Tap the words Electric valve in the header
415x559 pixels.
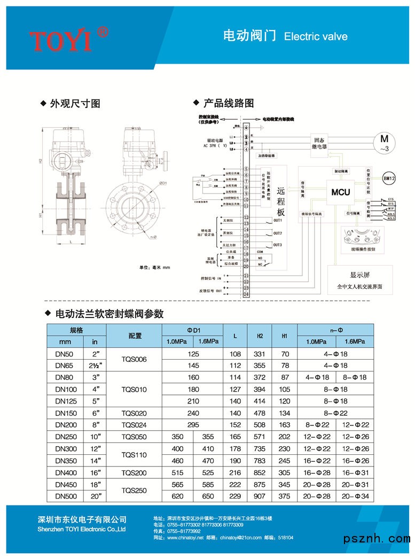pos(316,37)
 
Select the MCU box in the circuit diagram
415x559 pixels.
pos(340,192)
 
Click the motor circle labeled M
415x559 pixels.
pos(383,142)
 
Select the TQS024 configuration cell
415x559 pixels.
pos(134,425)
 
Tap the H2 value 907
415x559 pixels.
pos(260,496)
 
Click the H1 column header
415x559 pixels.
pos(285,336)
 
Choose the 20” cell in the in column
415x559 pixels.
pos(95,496)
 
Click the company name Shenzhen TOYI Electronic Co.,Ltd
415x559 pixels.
pos(82,529)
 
